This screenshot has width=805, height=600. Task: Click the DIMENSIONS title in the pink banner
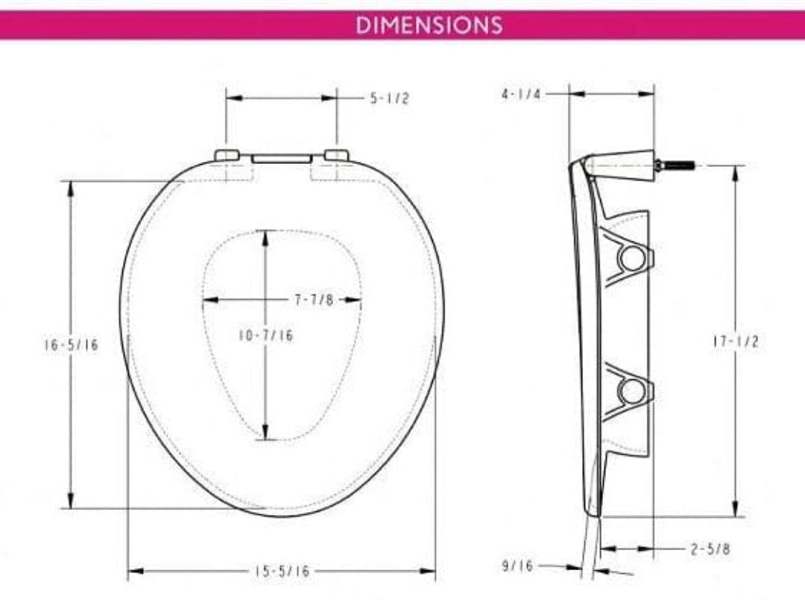point(429,25)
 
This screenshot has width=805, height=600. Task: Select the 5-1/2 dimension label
point(389,98)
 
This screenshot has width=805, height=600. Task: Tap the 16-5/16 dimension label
point(71,345)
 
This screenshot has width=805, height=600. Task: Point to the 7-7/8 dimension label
point(313,300)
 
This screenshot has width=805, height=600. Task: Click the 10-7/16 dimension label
point(266,336)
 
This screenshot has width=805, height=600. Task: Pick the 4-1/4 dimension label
point(521,95)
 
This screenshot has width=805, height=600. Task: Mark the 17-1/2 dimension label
point(735,341)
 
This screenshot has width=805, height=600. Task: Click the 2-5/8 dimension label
point(709,549)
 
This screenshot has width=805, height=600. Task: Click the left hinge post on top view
point(227,155)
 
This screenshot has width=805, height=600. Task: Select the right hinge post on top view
point(336,155)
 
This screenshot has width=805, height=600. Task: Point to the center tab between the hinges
point(281,159)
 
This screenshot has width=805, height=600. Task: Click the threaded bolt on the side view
point(676,165)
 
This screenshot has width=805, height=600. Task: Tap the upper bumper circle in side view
point(632,258)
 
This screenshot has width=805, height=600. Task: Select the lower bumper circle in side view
point(632,390)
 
